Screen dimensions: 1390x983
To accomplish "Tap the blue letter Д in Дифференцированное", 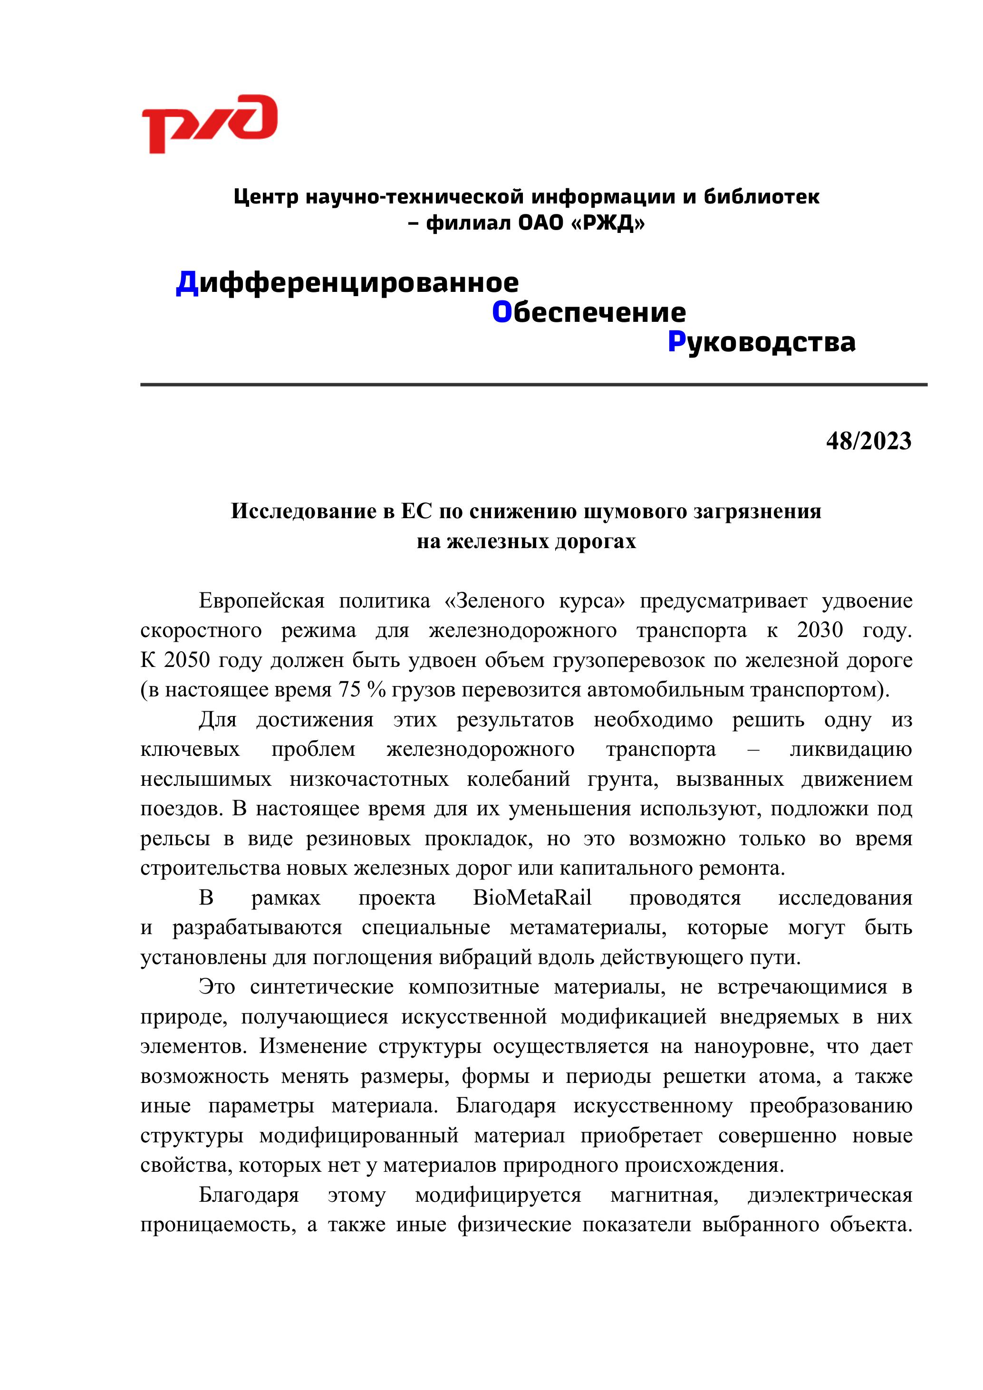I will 187,283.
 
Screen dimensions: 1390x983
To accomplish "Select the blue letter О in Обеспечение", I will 502,312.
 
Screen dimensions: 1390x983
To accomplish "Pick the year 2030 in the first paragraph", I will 819,630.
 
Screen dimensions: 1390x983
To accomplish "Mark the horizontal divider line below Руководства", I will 533,385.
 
